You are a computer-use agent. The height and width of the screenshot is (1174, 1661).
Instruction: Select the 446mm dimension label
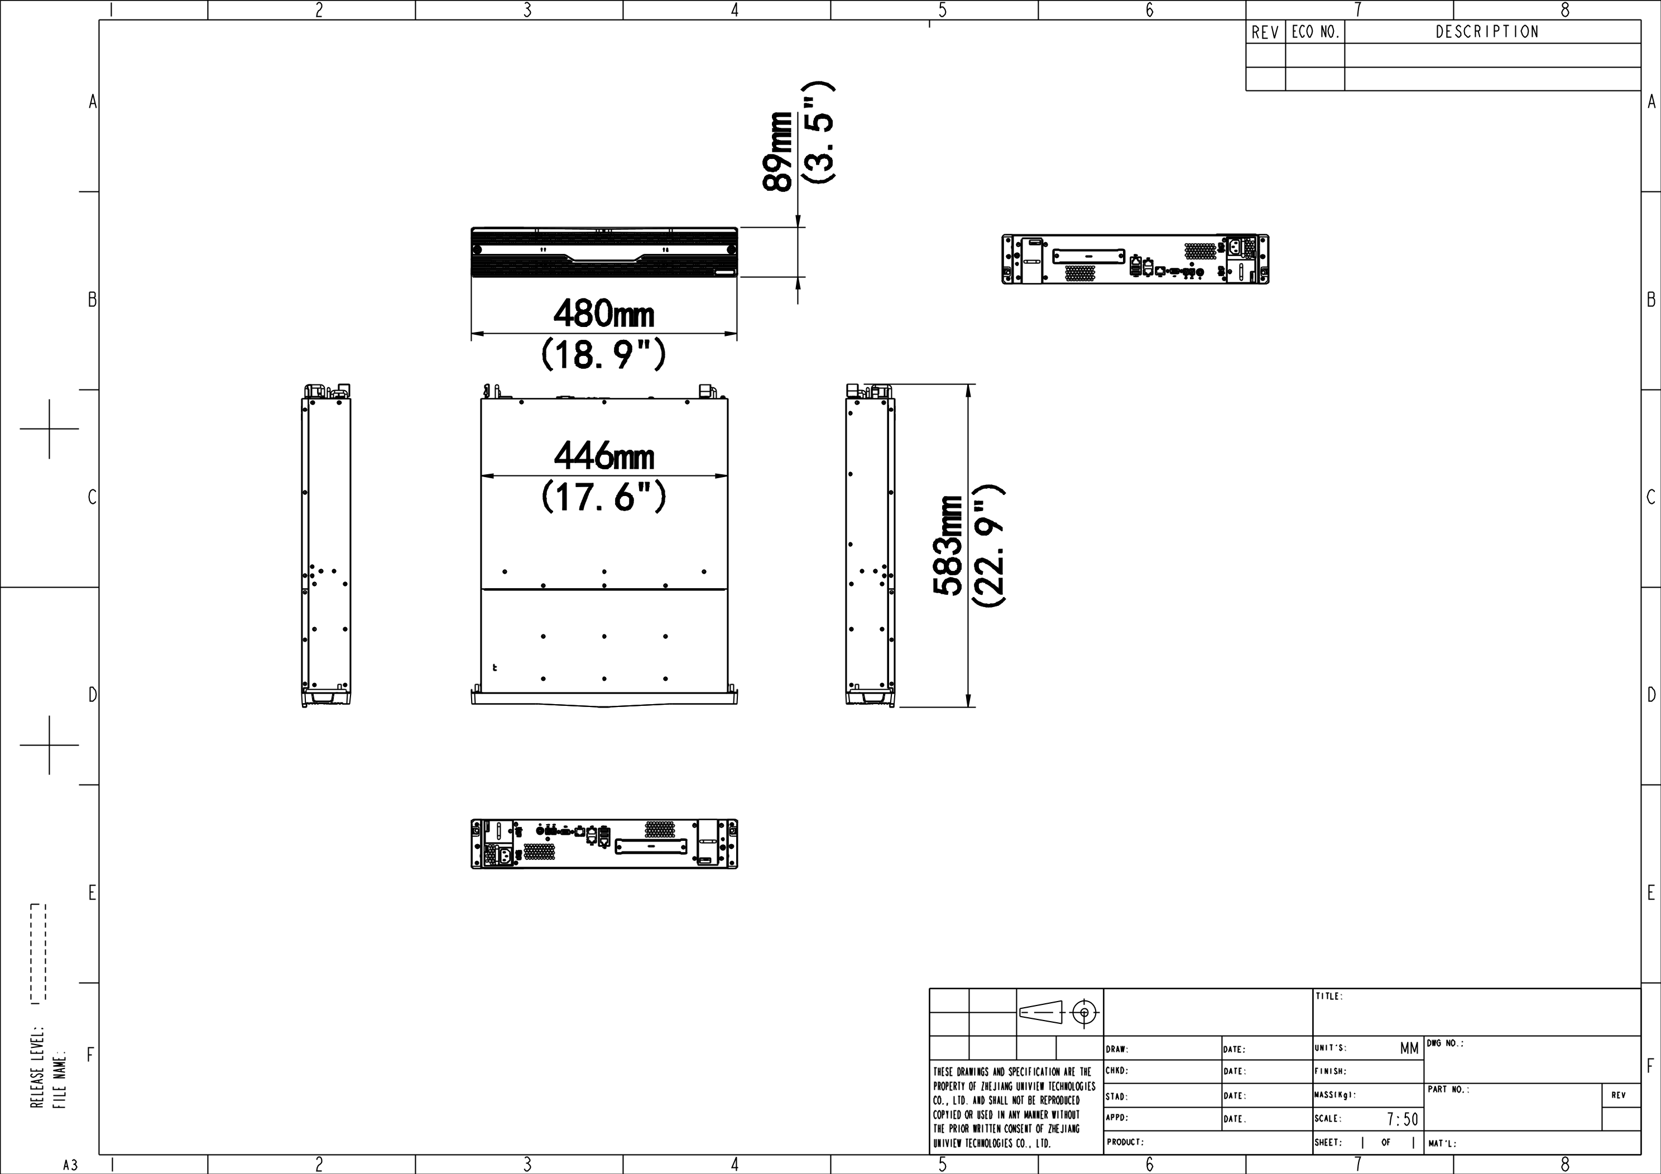pyautogui.click(x=604, y=456)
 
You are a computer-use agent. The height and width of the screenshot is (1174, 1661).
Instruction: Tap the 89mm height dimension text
pyautogui.click(x=777, y=151)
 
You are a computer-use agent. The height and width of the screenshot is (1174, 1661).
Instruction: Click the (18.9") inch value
pyautogui.click(x=603, y=354)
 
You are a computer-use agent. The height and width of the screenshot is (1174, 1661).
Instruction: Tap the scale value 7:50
pyautogui.click(x=1403, y=1119)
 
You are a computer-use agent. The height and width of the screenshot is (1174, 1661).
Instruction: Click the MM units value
pyautogui.click(x=1409, y=1048)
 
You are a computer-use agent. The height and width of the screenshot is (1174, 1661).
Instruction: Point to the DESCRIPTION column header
pyautogui.click(x=1487, y=32)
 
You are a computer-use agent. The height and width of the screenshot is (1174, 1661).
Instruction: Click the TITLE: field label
pyautogui.click(x=1329, y=996)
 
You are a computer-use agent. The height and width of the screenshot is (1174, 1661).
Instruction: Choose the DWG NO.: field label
pyautogui.click(x=1444, y=1043)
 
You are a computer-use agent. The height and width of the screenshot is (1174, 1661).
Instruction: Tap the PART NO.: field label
pyautogui.click(x=1448, y=1089)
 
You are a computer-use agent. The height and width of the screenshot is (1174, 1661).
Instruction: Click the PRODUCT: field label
pyautogui.click(x=1125, y=1142)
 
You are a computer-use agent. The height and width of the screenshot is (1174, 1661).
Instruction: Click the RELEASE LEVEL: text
pyautogui.click(x=37, y=1066)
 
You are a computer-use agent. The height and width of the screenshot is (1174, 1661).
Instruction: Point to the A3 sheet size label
pyautogui.click(x=70, y=1165)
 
